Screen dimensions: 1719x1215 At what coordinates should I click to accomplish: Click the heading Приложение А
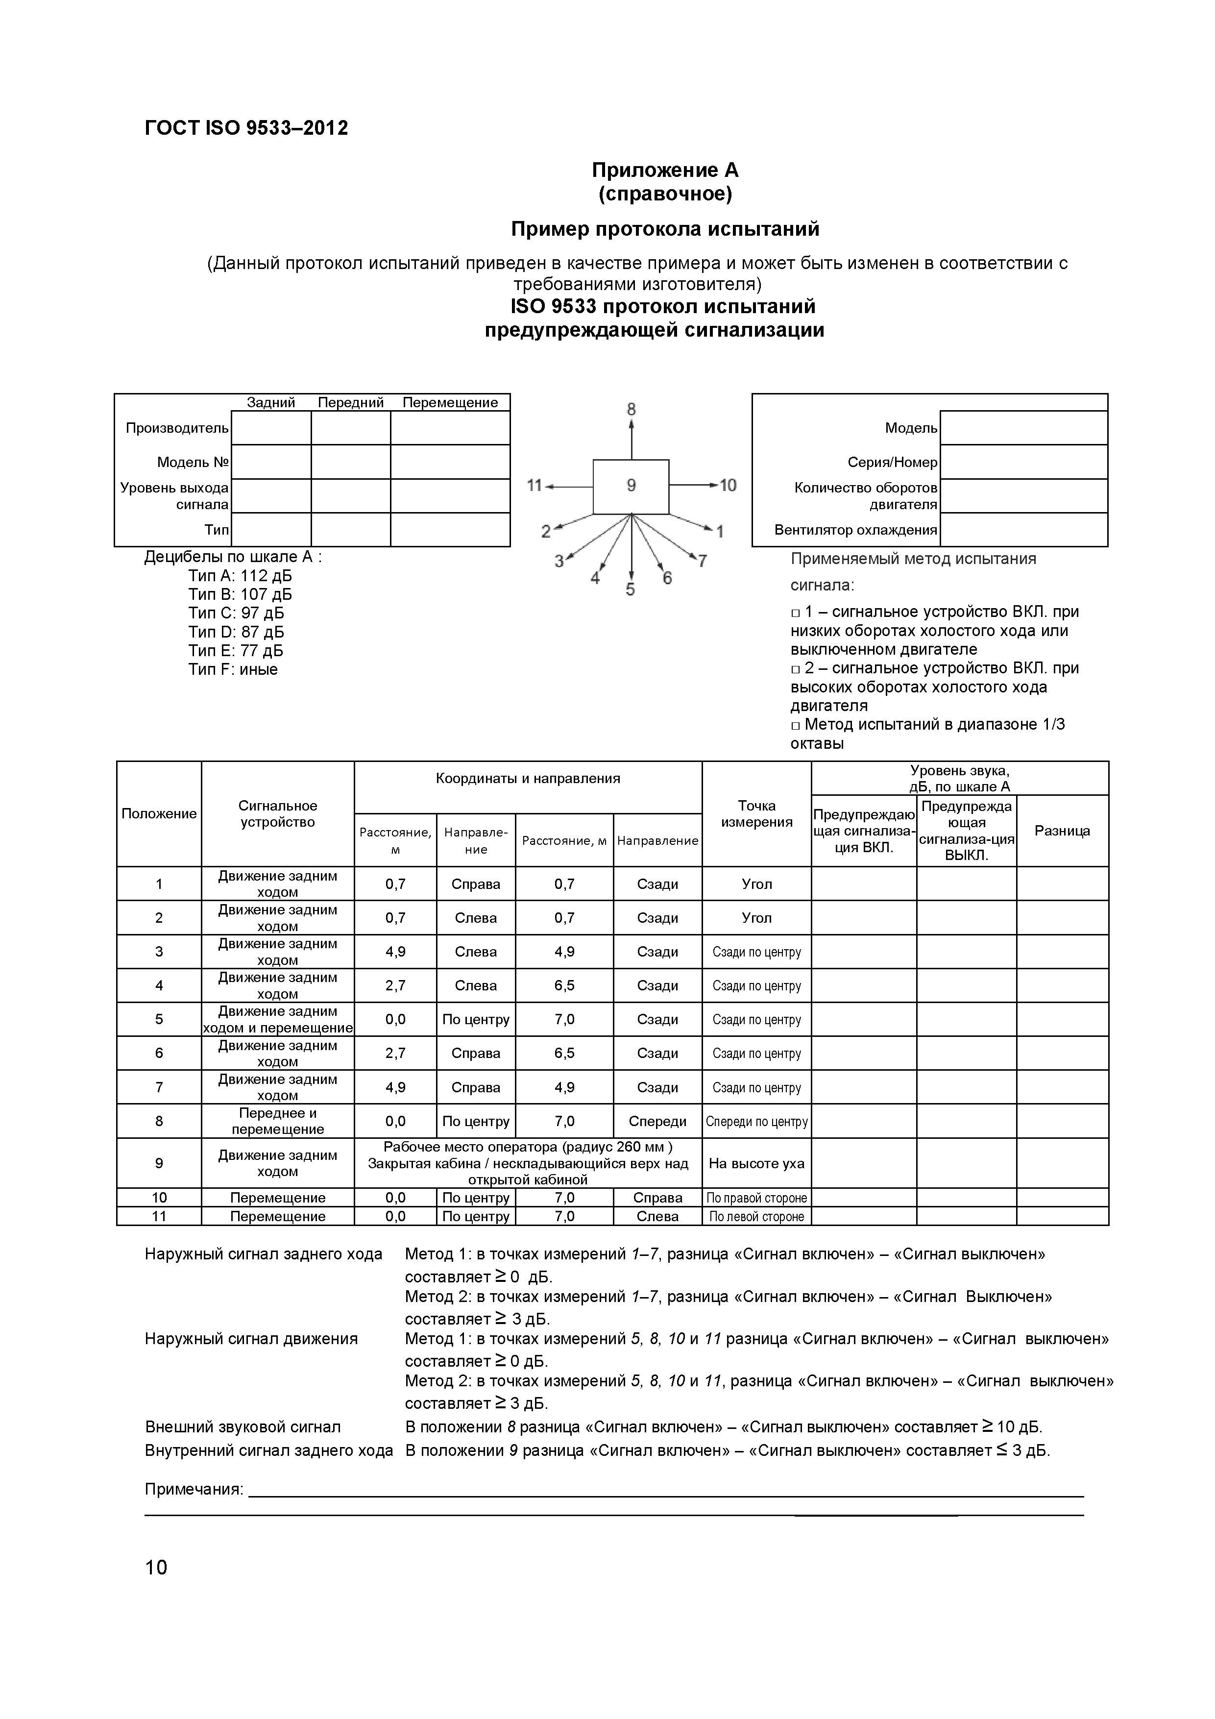[x=665, y=170]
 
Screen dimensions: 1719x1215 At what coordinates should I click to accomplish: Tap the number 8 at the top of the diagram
[x=631, y=409]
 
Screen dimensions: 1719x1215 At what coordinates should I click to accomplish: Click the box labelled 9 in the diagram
[x=631, y=486]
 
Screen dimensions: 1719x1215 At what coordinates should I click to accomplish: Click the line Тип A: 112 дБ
[x=240, y=576]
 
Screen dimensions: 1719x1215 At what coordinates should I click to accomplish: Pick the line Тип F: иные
[x=233, y=669]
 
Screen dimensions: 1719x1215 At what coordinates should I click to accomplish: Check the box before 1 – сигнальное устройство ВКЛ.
[x=796, y=613]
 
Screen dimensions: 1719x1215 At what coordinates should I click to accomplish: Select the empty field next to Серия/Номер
[x=1023, y=462]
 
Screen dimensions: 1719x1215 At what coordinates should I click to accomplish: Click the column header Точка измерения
[x=756, y=814]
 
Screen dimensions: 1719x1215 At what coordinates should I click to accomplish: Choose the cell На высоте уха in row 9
[x=756, y=1163]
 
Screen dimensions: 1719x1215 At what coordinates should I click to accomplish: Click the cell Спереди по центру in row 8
[x=756, y=1122]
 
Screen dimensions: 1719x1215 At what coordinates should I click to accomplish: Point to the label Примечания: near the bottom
[x=194, y=1489]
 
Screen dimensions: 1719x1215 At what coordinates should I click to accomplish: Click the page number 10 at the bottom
[x=156, y=1567]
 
